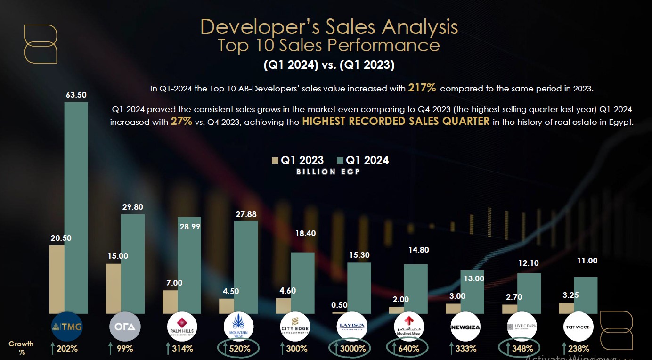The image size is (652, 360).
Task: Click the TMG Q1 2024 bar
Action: point(76,207)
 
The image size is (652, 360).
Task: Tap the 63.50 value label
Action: point(76,95)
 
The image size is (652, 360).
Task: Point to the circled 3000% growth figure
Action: point(350,349)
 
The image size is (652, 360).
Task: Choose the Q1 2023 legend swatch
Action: point(276,160)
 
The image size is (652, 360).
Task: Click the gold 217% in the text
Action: point(422,88)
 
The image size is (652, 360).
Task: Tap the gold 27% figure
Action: point(181,121)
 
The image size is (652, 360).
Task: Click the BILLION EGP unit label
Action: point(328,172)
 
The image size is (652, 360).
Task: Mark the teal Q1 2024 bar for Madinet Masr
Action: point(416,288)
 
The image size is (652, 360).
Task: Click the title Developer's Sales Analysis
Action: point(329,27)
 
